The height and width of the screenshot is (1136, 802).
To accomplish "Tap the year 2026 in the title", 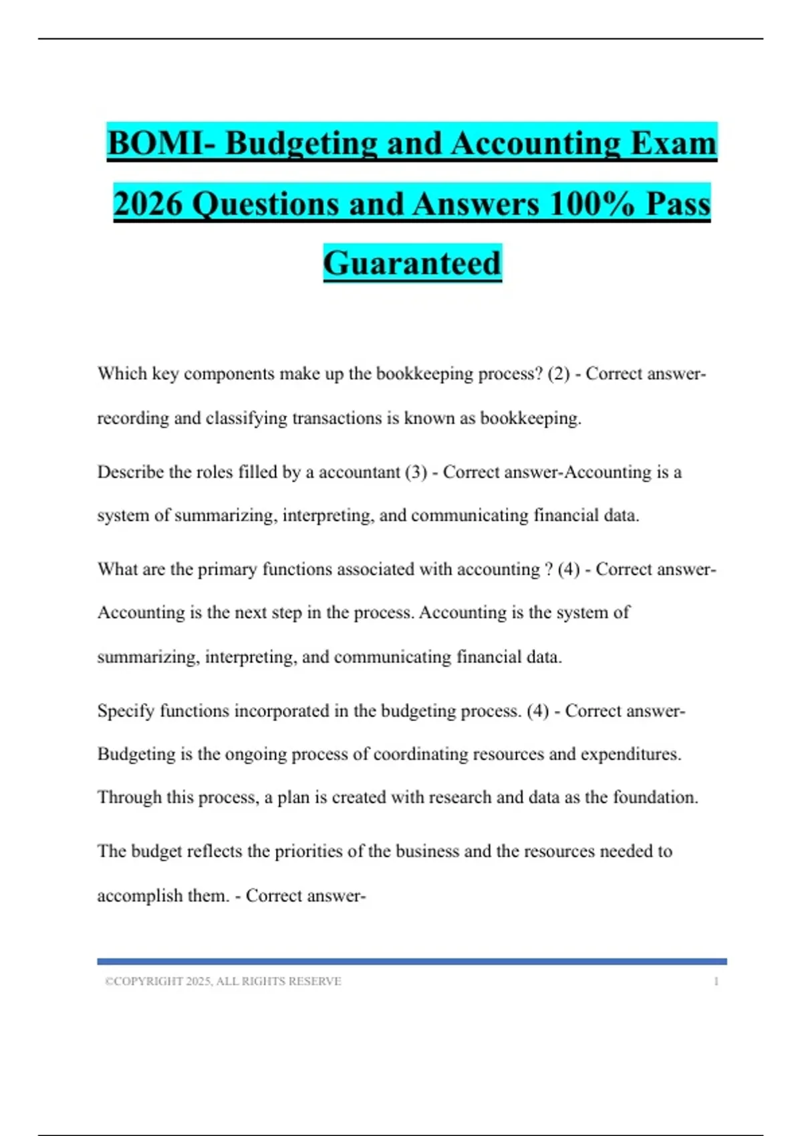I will [x=147, y=203].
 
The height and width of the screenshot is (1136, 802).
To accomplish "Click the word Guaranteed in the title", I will [x=412, y=263].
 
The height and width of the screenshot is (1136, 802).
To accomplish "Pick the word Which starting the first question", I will [x=122, y=374].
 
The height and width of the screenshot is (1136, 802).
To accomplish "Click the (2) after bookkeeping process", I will [x=559, y=374].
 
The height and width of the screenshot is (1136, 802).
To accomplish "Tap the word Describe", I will [x=130, y=472].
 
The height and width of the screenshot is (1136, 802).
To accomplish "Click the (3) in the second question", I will [x=416, y=472].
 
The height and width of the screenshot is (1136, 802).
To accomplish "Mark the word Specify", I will [x=126, y=711].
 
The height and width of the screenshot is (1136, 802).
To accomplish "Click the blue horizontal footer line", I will [x=412, y=962].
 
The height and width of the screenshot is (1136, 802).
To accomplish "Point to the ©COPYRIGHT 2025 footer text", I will [x=223, y=982].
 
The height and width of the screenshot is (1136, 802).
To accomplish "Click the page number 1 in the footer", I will [x=716, y=982].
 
